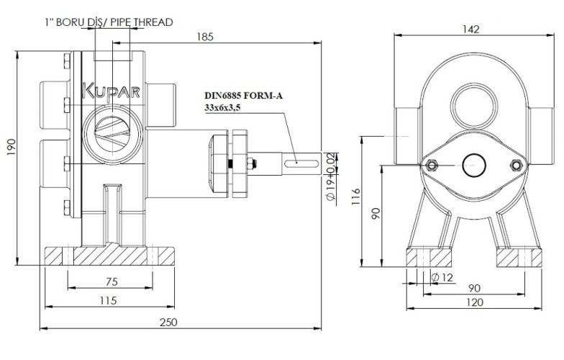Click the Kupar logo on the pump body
coord(113,91)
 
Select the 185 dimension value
coord(204,37)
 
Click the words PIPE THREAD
coord(143,22)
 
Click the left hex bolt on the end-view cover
coord(432,166)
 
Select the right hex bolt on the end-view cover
coord(514,166)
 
